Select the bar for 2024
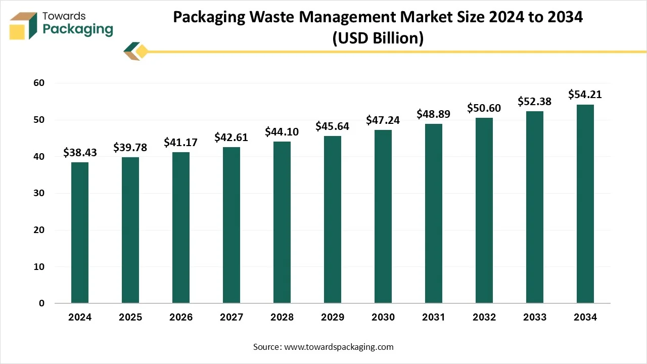(80, 233)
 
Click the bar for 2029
(333, 219)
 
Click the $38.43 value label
(80, 152)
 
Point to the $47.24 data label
(383, 119)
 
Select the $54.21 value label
(585, 94)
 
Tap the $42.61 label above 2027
(231, 136)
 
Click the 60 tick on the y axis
(38, 83)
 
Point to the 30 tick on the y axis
(38, 193)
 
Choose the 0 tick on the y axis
(41, 303)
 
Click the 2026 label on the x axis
(181, 317)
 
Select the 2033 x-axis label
(535, 317)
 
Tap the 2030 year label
(383, 317)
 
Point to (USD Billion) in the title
(378, 38)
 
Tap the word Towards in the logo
(65, 16)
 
